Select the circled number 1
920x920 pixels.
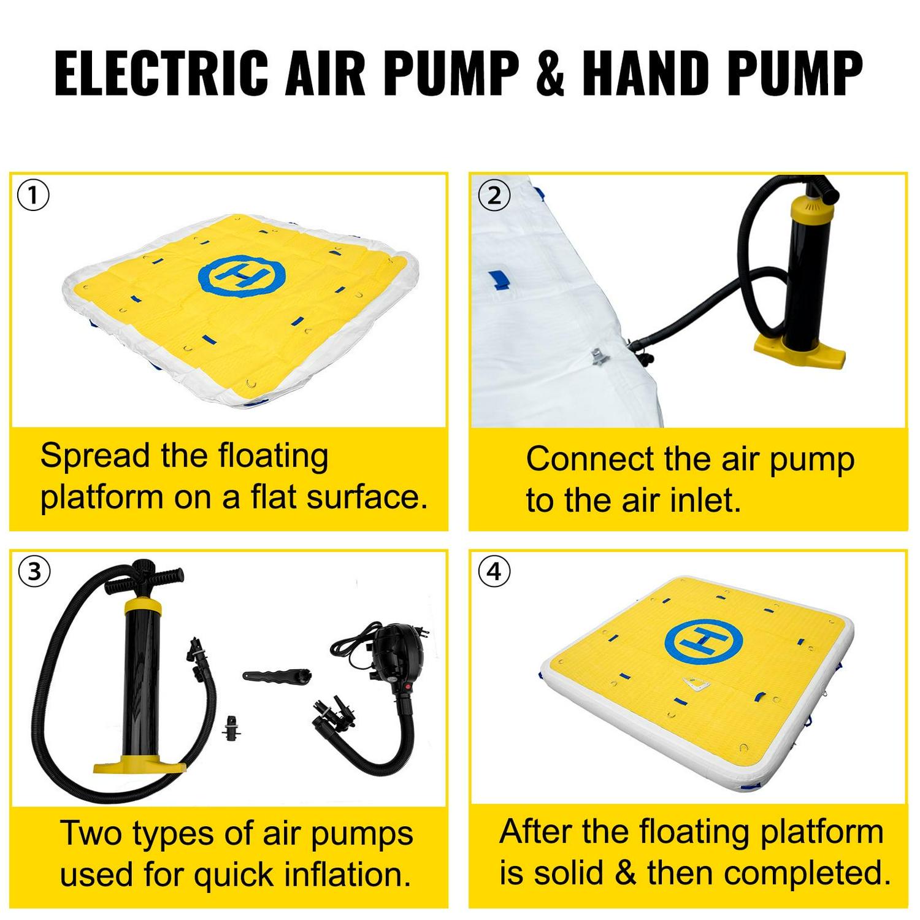click(x=34, y=196)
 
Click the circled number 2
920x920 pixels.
click(x=494, y=196)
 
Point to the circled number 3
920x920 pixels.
click(x=34, y=572)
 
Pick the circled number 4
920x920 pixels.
click(x=494, y=572)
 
